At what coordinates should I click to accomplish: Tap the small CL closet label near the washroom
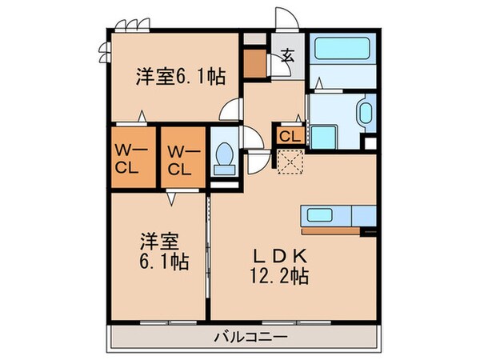(x=290, y=136)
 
